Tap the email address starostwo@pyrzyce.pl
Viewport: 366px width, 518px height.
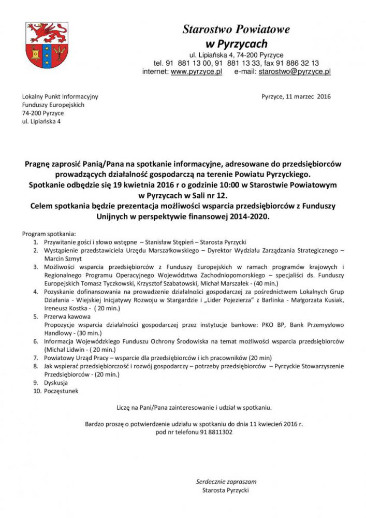[x=295, y=72]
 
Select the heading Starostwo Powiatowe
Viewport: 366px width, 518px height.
[x=236, y=30]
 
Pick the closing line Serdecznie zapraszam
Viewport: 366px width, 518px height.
[x=226, y=481]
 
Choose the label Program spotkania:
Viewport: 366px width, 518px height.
[x=49, y=233]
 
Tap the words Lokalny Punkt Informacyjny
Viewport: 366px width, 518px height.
[x=60, y=96]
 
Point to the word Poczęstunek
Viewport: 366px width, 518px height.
[x=62, y=391]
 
